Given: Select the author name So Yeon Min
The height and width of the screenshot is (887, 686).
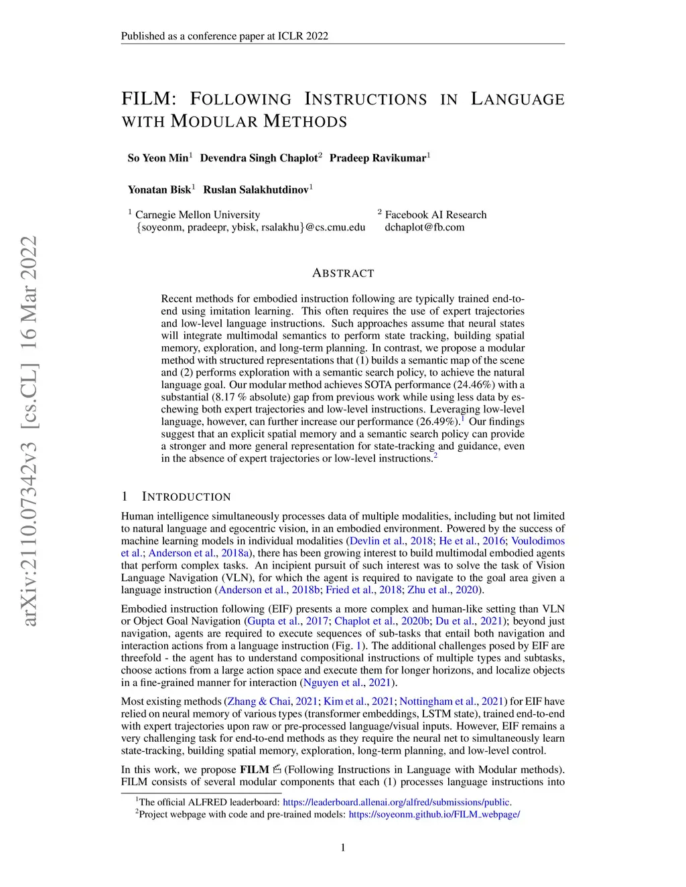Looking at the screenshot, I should [158, 158].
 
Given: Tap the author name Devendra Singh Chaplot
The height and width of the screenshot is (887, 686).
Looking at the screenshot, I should [259, 158].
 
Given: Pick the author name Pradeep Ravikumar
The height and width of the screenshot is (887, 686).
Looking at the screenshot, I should [377, 158].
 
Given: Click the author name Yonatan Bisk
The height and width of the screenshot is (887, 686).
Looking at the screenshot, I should [159, 189].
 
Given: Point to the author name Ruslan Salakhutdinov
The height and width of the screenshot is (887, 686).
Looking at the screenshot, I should [256, 189].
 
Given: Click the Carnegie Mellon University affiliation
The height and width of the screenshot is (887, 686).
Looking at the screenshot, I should [198, 215].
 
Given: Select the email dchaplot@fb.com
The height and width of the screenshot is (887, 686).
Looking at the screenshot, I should [424, 227].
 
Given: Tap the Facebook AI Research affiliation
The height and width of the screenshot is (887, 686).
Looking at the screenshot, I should [435, 215].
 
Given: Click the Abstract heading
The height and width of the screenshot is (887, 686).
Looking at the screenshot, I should [343, 273].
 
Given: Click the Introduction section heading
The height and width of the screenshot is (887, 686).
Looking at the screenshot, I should [186, 497].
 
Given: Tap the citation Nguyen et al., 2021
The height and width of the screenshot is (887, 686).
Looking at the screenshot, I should [348, 683].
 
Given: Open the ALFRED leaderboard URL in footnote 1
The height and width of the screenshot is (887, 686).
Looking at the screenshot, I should [397, 802].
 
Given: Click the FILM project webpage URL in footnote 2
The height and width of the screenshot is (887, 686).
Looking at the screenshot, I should [434, 815].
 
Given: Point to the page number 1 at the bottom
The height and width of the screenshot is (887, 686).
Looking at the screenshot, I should [343, 848].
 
